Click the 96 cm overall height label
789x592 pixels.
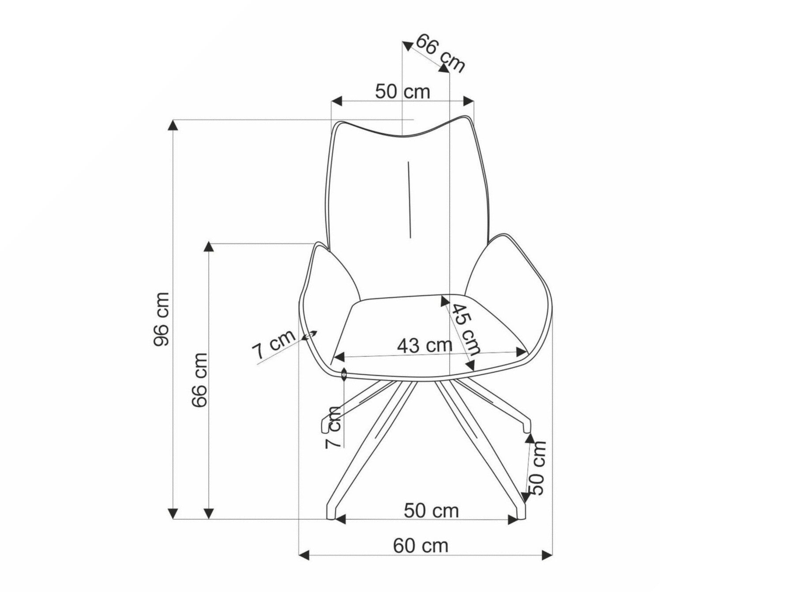(161, 319)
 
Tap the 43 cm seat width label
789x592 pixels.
(425, 345)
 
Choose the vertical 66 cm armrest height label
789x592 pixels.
(199, 380)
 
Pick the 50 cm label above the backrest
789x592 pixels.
(402, 91)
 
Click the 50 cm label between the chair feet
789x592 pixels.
(431, 511)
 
